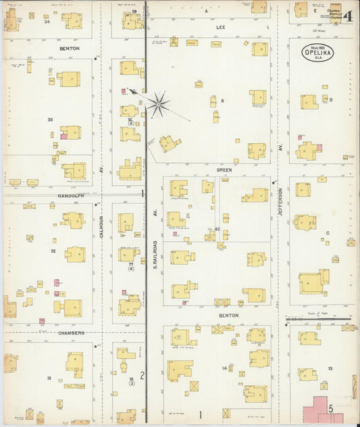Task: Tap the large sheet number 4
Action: click(349, 17)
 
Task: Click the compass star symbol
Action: click(159, 103)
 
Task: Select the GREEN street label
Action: click(224, 170)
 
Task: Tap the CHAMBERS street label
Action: click(70, 333)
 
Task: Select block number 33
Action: click(50, 120)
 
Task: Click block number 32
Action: click(53, 250)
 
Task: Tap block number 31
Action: click(49, 378)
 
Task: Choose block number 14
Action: click(224, 368)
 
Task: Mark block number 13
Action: click(330, 368)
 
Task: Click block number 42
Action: click(217, 230)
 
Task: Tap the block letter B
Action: click(222, 101)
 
